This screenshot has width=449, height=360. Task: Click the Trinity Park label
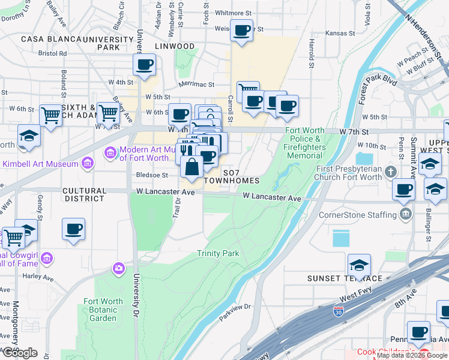click(x=218, y=254)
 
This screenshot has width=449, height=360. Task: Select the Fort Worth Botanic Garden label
click(x=103, y=310)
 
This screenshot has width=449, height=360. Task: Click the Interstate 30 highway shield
click(x=339, y=312)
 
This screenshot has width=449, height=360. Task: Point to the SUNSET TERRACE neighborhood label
click(x=345, y=278)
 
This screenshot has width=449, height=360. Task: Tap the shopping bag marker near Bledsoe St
click(x=191, y=167)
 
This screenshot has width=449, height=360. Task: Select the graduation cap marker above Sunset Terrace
click(x=359, y=265)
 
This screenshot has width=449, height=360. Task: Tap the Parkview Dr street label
click(x=235, y=307)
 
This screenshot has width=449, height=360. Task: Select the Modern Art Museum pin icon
click(x=110, y=154)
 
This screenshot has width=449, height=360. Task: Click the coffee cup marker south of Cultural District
click(x=73, y=229)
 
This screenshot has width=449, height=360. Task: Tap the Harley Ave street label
click(x=34, y=277)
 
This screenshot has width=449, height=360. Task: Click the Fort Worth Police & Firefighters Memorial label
click(x=304, y=143)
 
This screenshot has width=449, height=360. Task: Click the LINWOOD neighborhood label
click(x=174, y=46)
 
